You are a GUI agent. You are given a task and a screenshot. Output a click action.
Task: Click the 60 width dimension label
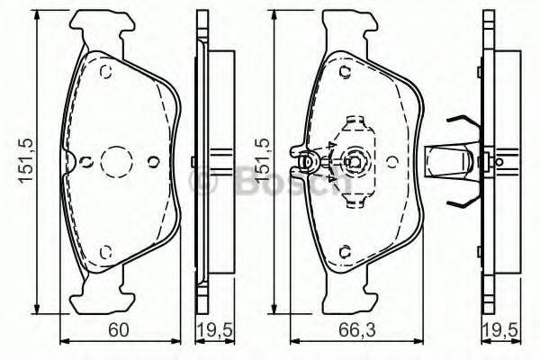pyautogui.click(x=118, y=329)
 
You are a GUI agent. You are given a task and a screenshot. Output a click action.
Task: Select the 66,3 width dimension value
pyautogui.click(x=356, y=329)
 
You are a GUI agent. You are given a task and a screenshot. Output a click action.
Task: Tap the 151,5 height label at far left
pyautogui.click(x=26, y=160)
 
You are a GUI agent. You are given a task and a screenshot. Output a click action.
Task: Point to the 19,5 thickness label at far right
pyautogui.click(x=500, y=330)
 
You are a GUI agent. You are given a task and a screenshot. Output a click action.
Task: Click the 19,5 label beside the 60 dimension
pyautogui.click(x=215, y=330)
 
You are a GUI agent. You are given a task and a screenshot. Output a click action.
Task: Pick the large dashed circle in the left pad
pyautogui.click(x=116, y=162)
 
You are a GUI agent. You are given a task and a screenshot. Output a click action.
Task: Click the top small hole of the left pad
pyautogui.click(x=105, y=72)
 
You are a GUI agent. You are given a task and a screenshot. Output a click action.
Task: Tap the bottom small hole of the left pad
pyautogui.click(x=105, y=252)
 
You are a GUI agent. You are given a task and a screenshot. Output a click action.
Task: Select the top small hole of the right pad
pyautogui.click(x=345, y=72)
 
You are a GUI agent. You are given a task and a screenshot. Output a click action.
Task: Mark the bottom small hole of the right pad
pyautogui.click(x=345, y=252)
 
